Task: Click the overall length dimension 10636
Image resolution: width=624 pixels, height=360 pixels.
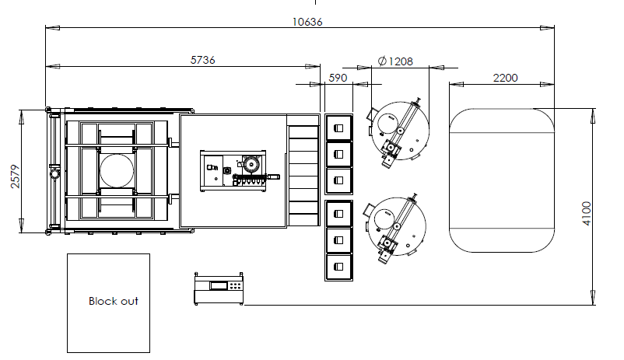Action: [307, 22]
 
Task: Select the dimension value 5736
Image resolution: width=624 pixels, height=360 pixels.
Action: [203, 60]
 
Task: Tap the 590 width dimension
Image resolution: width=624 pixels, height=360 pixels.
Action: [338, 78]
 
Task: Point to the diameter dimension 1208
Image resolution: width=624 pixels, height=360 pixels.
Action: [395, 61]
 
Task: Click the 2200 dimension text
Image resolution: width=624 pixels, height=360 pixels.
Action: [506, 78]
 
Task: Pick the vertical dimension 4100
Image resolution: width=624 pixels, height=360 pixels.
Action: [587, 214]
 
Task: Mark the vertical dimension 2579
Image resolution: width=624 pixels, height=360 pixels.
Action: [15, 177]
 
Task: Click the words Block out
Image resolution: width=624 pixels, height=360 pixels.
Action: [114, 301]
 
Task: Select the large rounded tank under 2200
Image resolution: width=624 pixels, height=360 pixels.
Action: [502, 180]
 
